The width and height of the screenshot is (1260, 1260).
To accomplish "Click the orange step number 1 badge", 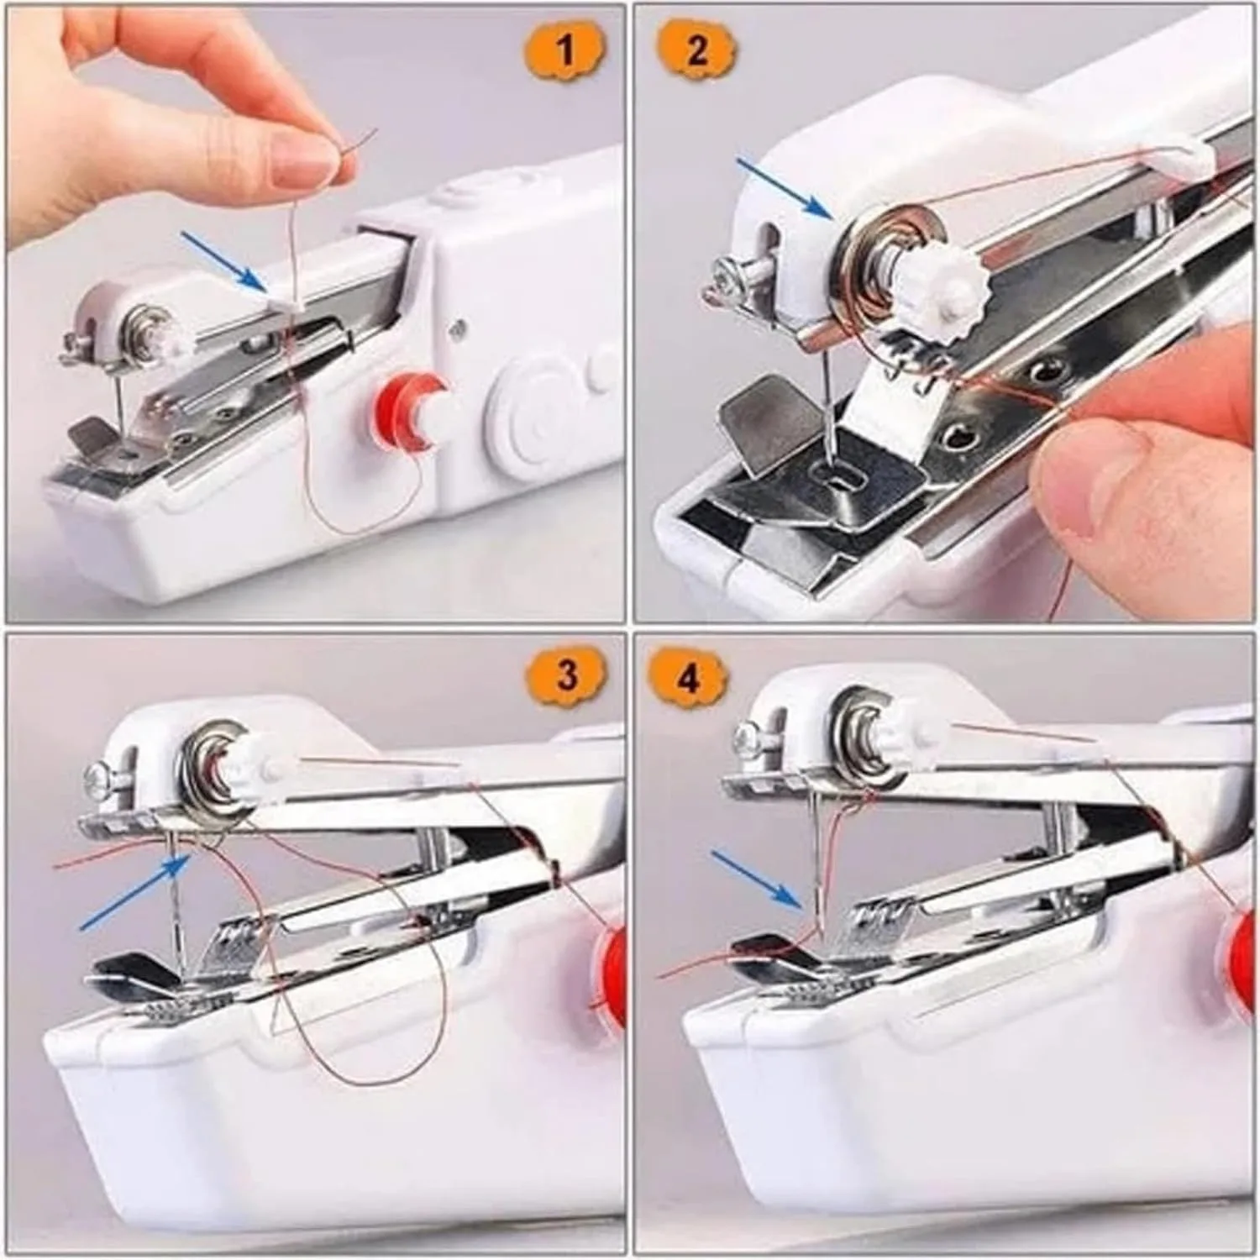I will (x=565, y=49).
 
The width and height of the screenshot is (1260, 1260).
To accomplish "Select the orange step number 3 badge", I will (x=567, y=675).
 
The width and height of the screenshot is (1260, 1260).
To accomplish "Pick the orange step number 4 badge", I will (x=688, y=677).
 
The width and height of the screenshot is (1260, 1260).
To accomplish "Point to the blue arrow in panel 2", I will (x=785, y=186).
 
